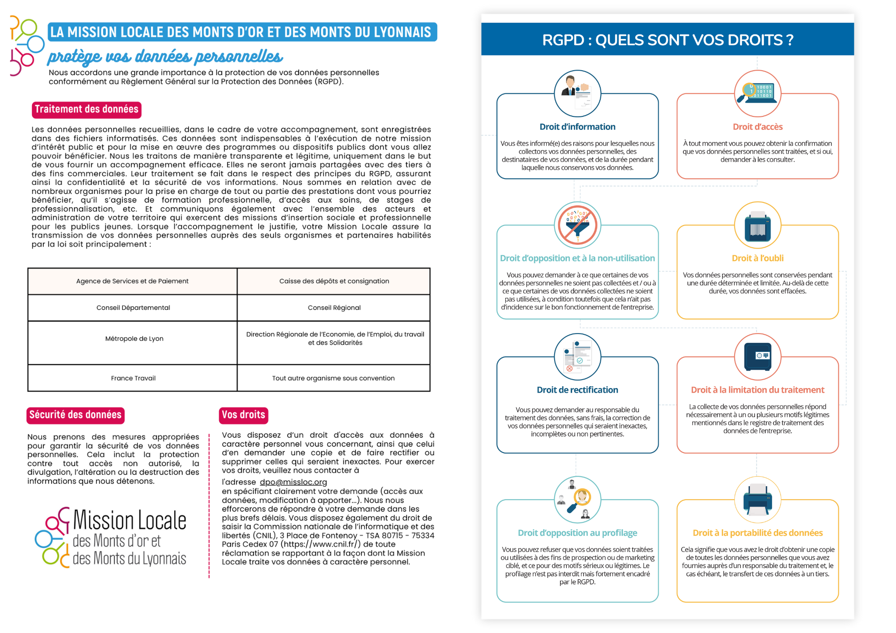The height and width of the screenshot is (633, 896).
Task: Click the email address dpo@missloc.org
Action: pos(293,482)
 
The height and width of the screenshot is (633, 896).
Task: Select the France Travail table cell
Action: pos(133,378)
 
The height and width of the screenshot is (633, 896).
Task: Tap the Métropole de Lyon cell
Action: pos(134,339)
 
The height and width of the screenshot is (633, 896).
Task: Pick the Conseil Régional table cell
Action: pos(334,308)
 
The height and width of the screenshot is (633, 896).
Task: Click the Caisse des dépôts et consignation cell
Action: pos(334,281)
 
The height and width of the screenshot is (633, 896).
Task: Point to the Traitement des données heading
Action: pos(86,110)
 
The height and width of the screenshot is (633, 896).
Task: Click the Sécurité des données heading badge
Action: pos(75,415)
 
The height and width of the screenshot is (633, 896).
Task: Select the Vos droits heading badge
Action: pos(243,415)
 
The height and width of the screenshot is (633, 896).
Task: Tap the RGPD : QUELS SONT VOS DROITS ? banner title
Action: pos(668,40)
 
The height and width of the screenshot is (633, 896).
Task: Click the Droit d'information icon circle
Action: pos(577,93)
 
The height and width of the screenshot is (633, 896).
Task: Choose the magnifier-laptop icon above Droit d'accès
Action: pos(758,93)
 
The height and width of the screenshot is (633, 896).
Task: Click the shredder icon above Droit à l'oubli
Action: pos(758,225)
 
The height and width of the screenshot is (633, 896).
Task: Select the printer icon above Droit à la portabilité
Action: pos(758,499)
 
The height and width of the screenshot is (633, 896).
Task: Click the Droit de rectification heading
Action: pos(577,390)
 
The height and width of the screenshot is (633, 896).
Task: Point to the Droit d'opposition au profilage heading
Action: pos(577,533)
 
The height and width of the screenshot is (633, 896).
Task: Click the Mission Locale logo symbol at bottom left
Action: pos(53,537)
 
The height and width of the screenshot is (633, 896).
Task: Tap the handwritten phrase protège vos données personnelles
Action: pos(165,57)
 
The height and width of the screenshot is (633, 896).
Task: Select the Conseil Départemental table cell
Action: pos(133,308)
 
